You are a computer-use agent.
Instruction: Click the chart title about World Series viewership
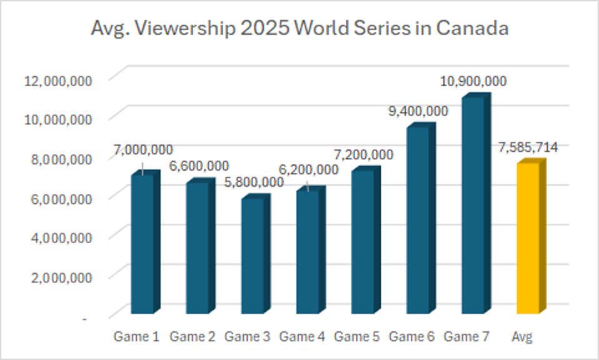point(299,29)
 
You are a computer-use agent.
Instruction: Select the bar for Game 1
point(142,244)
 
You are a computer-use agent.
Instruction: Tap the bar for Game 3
point(252,256)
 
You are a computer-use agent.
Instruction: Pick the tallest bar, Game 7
point(473,206)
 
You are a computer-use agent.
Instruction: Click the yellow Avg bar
point(528,237)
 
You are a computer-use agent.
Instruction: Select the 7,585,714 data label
point(528,147)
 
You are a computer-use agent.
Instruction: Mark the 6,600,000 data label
point(199,166)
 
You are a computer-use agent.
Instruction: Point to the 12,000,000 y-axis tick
point(58,79)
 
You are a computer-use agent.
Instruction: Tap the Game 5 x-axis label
point(356,337)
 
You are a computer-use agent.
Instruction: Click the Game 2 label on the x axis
point(192,337)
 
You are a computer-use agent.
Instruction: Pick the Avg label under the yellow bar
point(522,337)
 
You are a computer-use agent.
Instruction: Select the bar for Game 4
point(307,250)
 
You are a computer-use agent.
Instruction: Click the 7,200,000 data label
point(363,154)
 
